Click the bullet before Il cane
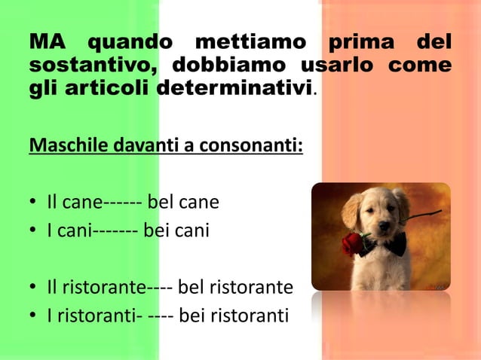click(x=34, y=203)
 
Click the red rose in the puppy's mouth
click(x=354, y=243)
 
